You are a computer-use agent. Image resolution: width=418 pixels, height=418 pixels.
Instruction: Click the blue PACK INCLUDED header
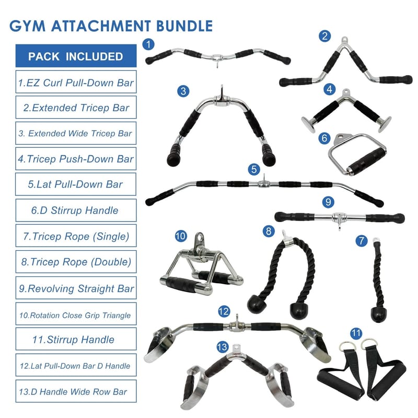click(76, 56)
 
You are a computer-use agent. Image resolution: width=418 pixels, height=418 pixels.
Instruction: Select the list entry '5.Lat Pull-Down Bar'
click(76, 184)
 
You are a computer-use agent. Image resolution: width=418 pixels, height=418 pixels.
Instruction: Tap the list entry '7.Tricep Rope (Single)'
click(76, 236)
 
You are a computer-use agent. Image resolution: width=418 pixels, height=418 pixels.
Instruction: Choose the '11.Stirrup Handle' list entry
click(76, 340)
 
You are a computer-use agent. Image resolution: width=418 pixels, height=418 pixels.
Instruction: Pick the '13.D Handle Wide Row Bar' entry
click(76, 391)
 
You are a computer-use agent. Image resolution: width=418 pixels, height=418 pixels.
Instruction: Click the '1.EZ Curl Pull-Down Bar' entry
click(76, 83)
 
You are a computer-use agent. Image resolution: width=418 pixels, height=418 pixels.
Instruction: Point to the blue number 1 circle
click(149, 44)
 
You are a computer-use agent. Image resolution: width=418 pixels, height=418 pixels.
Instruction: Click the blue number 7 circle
click(361, 241)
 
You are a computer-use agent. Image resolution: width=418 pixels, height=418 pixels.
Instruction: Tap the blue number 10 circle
click(180, 236)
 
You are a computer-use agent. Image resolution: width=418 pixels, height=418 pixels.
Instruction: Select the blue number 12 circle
click(224, 312)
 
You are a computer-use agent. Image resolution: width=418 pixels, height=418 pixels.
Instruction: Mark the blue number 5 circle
click(254, 169)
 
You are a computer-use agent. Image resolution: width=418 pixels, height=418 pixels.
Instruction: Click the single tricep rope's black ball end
click(378, 314)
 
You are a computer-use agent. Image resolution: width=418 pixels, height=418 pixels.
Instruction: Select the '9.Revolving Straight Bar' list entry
click(76, 288)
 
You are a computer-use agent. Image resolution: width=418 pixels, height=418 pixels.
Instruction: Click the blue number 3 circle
click(182, 91)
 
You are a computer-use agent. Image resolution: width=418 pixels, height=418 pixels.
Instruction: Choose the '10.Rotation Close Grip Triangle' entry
click(76, 315)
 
